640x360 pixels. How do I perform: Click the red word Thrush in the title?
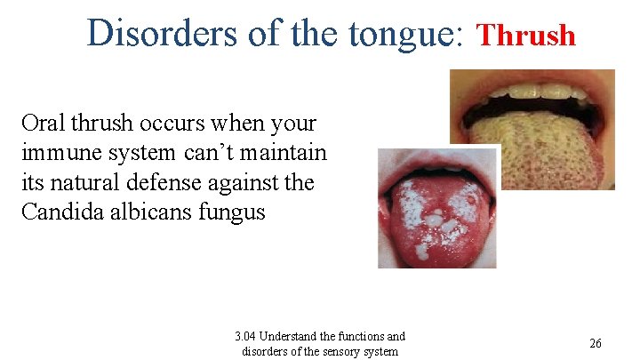tap(527, 36)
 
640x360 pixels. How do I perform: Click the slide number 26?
tap(596, 343)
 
